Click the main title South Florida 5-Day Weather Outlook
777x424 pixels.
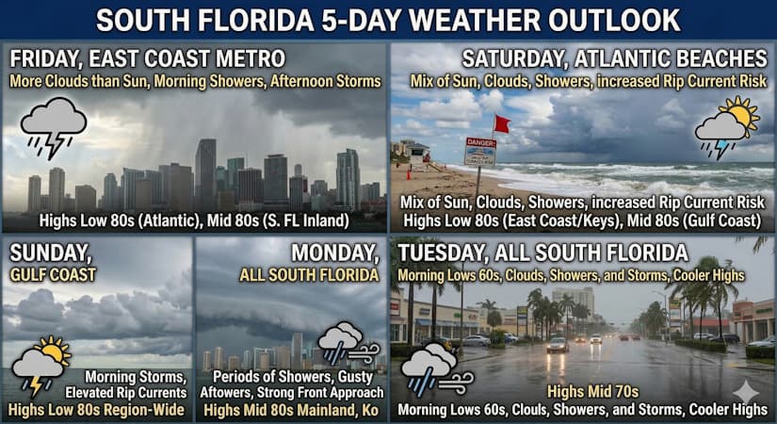click(388, 19)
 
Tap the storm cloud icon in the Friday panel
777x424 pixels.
click(53, 127)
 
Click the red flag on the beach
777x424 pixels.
click(501, 123)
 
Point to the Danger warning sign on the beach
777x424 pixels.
click(480, 152)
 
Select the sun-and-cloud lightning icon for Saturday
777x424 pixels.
click(726, 127)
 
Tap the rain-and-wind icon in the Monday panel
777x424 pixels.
click(346, 345)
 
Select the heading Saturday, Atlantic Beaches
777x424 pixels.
click(614, 59)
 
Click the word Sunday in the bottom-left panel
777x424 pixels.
click(46, 253)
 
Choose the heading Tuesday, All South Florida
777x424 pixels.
click(542, 253)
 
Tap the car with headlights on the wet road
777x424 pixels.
click(558, 344)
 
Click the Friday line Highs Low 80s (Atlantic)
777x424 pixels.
click(105, 220)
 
